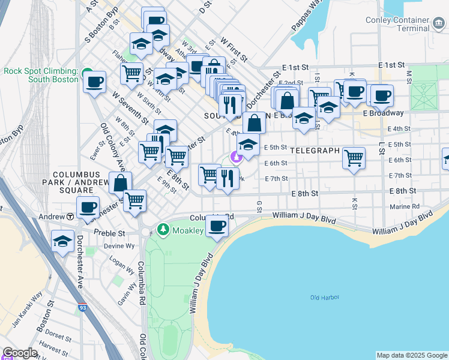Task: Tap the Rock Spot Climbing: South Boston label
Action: coord(41,75)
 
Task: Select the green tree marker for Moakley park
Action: coord(162,230)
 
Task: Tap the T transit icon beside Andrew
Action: coord(70,216)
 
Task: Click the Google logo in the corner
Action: coord(20,353)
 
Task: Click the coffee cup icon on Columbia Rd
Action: coord(217,226)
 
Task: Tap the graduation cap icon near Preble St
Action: coord(62,241)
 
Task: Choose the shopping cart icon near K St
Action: coord(354,158)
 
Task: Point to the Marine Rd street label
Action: coord(408,206)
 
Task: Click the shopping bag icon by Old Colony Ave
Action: coord(121,183)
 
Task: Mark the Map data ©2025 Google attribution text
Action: coord(411,355)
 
